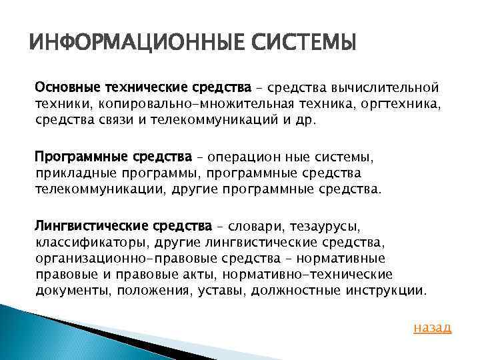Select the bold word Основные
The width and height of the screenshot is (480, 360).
coord(65,87)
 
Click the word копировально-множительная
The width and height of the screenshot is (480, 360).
coord(205,103)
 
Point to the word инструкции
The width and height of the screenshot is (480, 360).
coord(396,291)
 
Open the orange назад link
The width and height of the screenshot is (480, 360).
coord(432,327)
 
